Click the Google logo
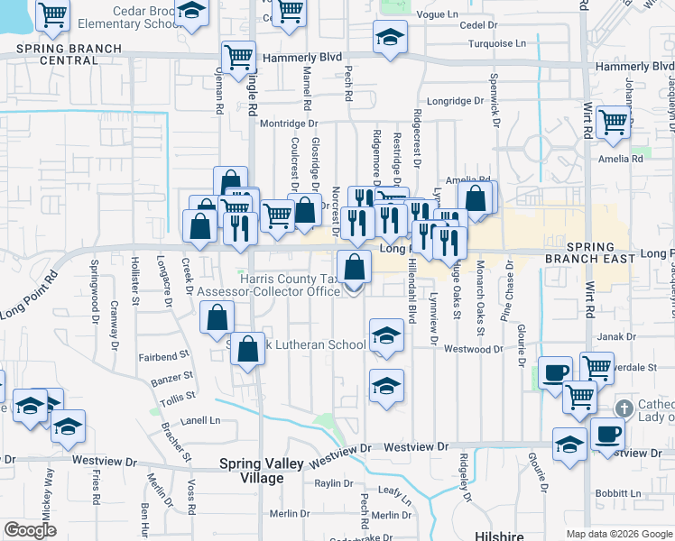tap(30, 531)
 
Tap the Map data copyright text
tap(619, 534)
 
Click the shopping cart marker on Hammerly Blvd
tap(239, 58)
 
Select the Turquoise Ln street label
tap(495, 43)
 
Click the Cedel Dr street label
tap(478, 25)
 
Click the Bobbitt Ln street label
tap(618, 494)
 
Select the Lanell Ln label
tap(202, 420)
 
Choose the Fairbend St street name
tap(164, 356)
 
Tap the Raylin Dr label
tap(333, 484)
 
